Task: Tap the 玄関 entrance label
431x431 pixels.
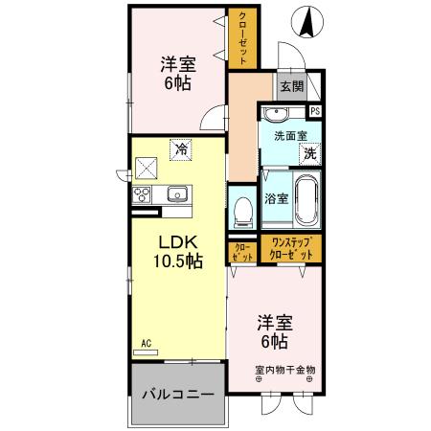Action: coord(292,87)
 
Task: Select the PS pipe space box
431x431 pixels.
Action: coord(315,111)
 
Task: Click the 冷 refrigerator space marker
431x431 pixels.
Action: coord(180,148)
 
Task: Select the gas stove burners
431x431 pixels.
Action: coord(142,194)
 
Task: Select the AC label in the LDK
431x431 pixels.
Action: coord(147,343)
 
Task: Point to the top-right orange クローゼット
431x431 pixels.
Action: coord(242,39)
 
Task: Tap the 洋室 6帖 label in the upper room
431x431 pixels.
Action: coord(178,72)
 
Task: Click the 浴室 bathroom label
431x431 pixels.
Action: coord(275,199)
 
